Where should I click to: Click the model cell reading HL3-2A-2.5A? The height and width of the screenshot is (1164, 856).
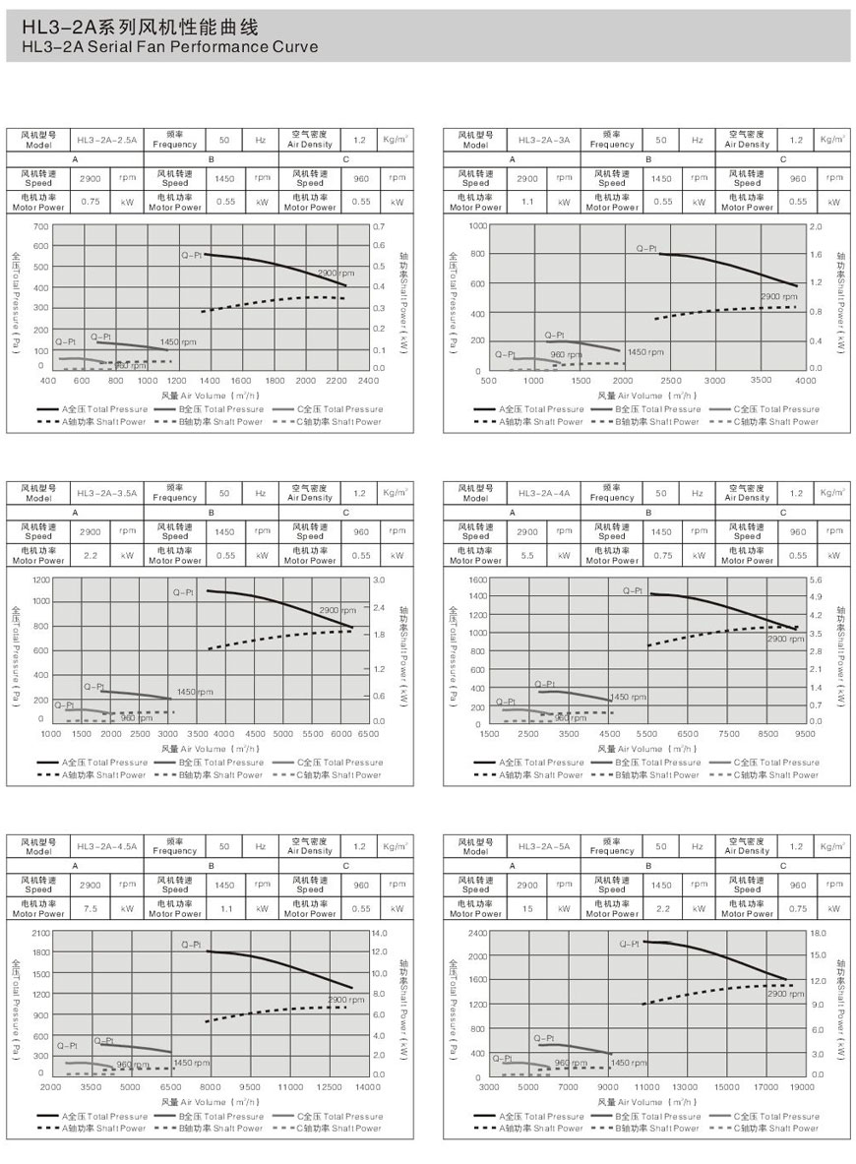click(x=107, y=140)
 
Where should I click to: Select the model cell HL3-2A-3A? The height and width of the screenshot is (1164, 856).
click(x=544, y=140)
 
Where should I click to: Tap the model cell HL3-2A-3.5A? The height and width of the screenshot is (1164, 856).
click(x=107, y=492)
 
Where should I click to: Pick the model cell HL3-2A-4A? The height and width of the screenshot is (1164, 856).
click(x=544, y=492)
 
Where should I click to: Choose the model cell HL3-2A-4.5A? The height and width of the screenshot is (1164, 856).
click(x=107, y=845)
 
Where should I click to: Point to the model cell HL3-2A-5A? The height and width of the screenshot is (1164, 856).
click(x=544, y=845)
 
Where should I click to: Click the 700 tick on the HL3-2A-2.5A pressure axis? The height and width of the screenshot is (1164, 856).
click(x=40, y=226)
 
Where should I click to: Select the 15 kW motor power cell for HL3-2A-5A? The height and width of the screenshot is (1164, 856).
click(x=526, y=908)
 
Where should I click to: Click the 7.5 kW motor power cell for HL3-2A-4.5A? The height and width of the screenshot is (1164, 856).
click(x=90, y=908)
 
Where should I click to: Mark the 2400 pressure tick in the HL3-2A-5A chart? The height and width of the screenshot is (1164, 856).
click(x=477, y=932)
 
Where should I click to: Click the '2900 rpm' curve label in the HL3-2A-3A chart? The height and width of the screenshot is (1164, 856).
click(x=777, y=296)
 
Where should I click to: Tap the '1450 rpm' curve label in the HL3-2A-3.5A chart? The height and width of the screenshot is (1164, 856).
click(x=195, y=692)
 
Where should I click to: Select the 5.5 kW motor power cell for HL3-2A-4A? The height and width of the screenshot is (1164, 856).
click(x=526, y=555)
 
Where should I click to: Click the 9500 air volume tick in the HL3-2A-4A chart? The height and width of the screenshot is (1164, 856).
click(x=806, y=733)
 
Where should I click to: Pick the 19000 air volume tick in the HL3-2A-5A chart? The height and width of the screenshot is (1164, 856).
click(x=803, y=1087)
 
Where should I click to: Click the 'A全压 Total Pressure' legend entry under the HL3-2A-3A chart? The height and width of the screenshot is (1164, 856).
click(x=529, y=409)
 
